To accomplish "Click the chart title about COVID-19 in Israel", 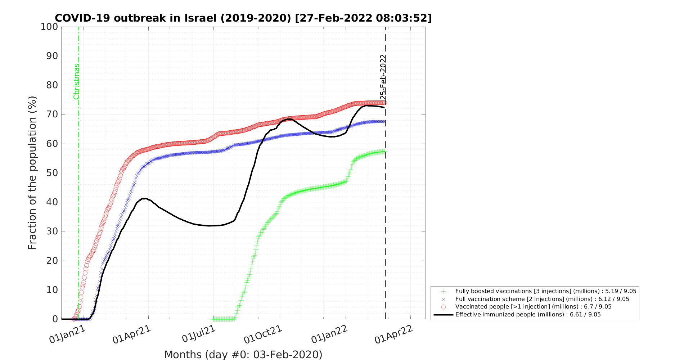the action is [x=243, y=18].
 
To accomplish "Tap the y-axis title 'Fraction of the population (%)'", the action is [x=32, y=173].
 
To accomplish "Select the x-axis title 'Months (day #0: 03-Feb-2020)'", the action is [x=243, y=355].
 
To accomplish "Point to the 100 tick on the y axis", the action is [x=50, y=27].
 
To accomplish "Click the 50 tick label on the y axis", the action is [x=52, y=173].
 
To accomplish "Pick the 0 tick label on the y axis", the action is [x=55, y=319].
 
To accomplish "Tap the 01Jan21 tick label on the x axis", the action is [x=68, y=334].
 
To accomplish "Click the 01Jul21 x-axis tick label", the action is [x=199, y=334].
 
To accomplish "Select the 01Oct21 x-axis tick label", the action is [x=263, y=334].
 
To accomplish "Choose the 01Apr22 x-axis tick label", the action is [x=394, y=334].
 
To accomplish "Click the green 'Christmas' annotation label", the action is [x=76, y=81].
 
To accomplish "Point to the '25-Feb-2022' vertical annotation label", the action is [x=383, y=77].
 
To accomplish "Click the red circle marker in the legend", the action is [x=444, y=307].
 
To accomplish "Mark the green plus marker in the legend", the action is [x=444, y=291].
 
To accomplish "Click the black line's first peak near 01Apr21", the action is [x=145, y=198].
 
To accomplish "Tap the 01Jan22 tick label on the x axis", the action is [x=329, y=334].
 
